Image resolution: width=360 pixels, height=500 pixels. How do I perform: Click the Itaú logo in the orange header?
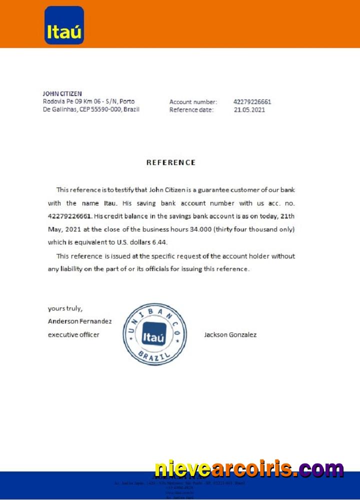[x=64, y=25]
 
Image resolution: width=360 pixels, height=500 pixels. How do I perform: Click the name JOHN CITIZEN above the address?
[x=62, y=93]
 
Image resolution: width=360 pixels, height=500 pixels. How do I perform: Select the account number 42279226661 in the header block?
[x=252, y=102]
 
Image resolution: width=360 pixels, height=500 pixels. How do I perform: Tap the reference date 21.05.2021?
[x=249, y=110]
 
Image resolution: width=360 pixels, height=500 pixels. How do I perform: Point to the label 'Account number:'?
[x=193, y=102]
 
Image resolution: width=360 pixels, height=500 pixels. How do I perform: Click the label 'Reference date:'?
[x=191, y=110]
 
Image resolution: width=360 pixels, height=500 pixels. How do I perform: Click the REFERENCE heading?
[x=170, y=162]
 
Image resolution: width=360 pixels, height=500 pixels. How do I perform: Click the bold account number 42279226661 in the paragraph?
[x=69, y=216]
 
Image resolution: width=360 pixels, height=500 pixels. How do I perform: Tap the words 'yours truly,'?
[x=65, y=308]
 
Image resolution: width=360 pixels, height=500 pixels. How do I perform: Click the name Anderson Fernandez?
[x=79, y=321]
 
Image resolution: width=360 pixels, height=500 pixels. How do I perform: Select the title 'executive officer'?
[x=73, y=334]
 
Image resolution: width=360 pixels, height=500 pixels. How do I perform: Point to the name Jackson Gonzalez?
[x=230, y=334]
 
